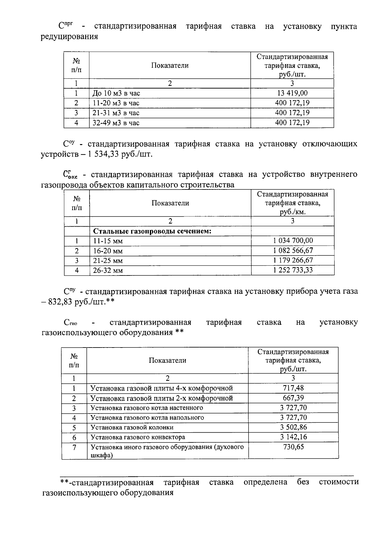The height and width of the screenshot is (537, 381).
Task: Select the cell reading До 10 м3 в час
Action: click(x=116, y=93)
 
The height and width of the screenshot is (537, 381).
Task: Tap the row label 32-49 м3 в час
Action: click(x=116, y=123)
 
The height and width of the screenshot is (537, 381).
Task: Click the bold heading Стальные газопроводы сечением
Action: click(x=152, y=231)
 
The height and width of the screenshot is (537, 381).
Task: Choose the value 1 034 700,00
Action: click(x=293, y=241)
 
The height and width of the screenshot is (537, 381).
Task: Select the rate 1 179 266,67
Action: click(x=293, y=260)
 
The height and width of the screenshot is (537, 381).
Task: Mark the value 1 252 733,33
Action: click(x=293, y=270)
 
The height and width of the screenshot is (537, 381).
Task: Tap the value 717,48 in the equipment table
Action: click(x=293, y=388)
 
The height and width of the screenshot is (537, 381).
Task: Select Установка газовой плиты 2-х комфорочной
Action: click(x=162, y=398)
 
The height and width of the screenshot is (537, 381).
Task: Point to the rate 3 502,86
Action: click(x=293, y=427)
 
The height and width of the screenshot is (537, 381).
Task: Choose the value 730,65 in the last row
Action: click(x=293, y=447)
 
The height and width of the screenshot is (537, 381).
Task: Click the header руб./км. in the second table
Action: click(x=292, y=212)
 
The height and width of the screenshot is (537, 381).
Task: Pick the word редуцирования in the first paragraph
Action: click(x=70, y=37)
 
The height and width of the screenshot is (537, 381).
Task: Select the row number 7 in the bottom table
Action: click(x=74, y=447)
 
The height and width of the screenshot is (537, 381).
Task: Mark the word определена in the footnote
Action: click(x=265, y=482)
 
